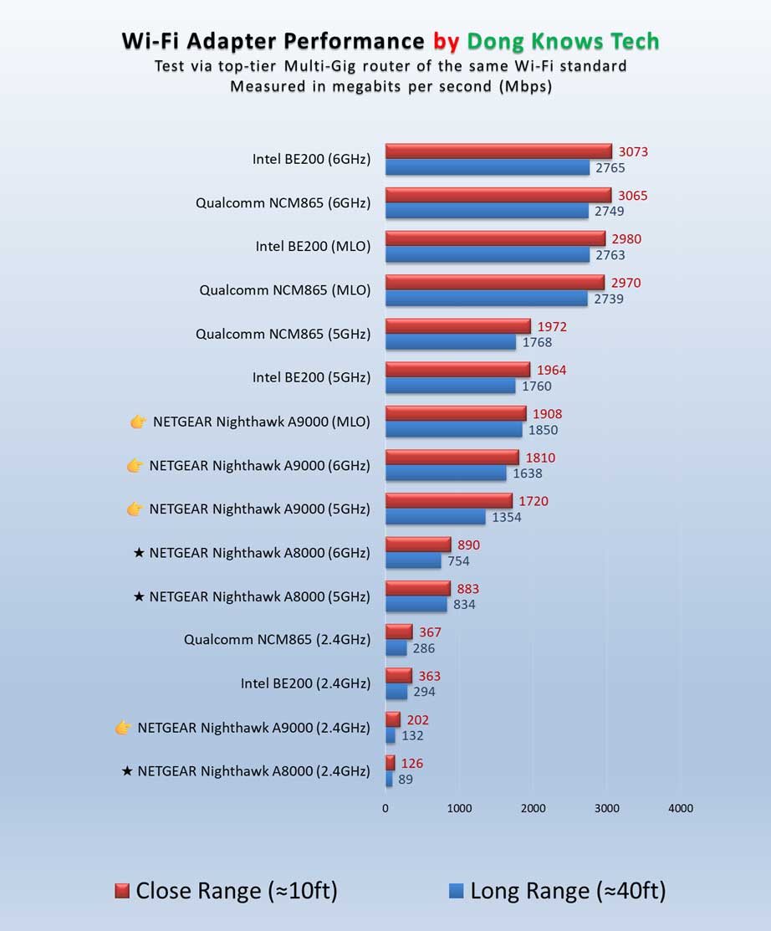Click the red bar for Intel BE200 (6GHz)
click(x=498, y=151)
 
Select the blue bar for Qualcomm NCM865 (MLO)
click(x=486, y=299)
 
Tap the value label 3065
click(x=631, y=196)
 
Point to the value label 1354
click(x=506, y=517)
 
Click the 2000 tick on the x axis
click(x=533, y=808)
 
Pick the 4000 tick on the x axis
click(x=680, y=808)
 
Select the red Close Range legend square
click(x=122, y=892)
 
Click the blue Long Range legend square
click(x=457, y=892)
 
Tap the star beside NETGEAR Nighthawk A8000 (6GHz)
click(x=139, y=553)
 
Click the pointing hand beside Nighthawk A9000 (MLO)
click(x=139, y=422)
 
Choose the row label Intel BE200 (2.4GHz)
click(x=305, y=683)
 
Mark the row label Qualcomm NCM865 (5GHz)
click(x=283, y=334)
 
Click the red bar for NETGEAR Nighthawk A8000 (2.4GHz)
click(x=390, y=763)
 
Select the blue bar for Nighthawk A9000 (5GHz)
click(x=435, y=517)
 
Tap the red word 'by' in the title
click(x=446, y=41)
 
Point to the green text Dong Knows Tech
click(x=563, y=41)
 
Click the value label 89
click(x=406, y=780)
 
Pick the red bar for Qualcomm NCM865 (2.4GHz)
click(x=399, y=632)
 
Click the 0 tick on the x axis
click(x=385, y=808)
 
